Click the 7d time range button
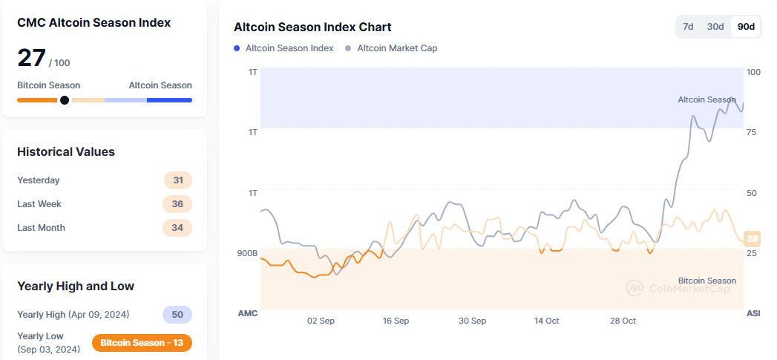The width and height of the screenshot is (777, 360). [688, 27]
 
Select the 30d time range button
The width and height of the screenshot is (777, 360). [715, 27]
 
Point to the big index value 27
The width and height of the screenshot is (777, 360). [31, 58]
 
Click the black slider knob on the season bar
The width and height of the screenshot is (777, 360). [65, 100]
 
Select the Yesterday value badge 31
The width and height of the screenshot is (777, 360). [177, 180]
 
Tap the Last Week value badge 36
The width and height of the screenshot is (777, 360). [177, 204]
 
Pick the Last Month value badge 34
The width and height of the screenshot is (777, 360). [177, 228]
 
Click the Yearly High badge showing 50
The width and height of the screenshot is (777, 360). [177, 315]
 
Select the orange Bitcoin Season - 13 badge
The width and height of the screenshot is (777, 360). [142, 343]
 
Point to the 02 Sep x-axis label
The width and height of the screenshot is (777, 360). [321, 321]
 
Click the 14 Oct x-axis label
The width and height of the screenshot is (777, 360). [547, 321]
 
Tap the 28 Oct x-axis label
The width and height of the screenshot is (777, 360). [623, 321]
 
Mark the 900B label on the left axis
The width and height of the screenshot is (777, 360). [247, 253]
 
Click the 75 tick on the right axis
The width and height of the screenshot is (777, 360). [752, 132]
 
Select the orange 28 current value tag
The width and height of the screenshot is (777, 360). [752, 239]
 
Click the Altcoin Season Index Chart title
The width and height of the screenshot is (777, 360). [312, 27]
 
